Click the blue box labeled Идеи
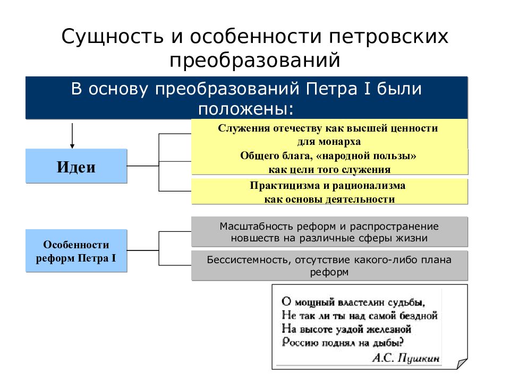(x=76, y=166)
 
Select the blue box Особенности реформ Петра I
(x=76, y=250)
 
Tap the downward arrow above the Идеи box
(x=72, y=136)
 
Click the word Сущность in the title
(x=113, y=37)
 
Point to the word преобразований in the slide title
(x=254, y=60)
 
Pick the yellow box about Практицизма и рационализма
(x=329, y=192)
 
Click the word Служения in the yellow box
(x=244, y=128)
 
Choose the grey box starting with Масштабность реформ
(x=329, y=232)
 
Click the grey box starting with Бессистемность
(x=329, y=265)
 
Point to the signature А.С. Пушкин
(x=405, y=358)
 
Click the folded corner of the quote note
(x=462, y=363)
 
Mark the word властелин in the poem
(x=354, y=303)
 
